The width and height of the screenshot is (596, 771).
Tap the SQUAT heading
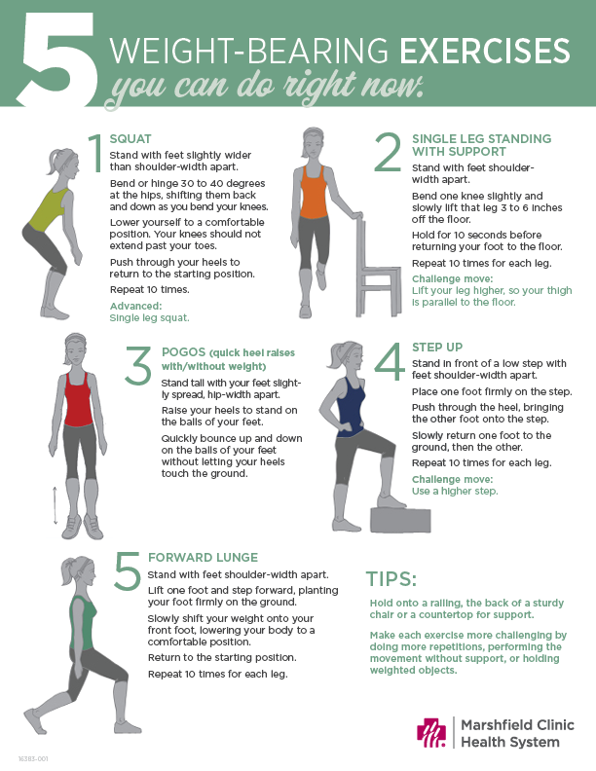(130, 138)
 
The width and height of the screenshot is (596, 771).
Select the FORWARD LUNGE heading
(203, 558)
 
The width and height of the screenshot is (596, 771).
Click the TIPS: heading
(391, 580)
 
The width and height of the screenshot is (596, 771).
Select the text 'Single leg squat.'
(150, 317)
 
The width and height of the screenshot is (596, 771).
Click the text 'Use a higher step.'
(454, 492)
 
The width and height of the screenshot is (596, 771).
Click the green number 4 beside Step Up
(389, 362)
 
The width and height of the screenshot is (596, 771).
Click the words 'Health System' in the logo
(509, 743)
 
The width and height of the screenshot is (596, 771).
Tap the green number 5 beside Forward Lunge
(128, 571)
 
